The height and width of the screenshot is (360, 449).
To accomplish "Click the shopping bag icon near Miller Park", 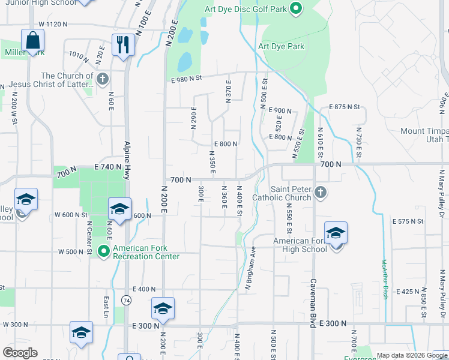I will (33, 41).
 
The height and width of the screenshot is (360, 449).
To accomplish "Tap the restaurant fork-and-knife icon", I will (122, 45).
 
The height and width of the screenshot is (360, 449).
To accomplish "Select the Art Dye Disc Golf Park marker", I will (295, 8).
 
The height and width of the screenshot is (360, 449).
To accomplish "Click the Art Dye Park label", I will (281, 46).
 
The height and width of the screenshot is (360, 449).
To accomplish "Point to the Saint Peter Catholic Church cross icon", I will (321, 193).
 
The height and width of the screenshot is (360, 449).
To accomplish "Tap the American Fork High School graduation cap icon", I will (336, 233).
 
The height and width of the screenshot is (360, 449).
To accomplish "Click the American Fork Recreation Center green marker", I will (104, 251).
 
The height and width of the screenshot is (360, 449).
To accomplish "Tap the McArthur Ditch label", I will (384, 279).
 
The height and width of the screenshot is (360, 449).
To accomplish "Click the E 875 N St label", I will (344, 107).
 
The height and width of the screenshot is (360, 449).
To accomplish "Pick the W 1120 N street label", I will (53, 24).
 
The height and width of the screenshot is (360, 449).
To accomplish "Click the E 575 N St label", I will (408, 221).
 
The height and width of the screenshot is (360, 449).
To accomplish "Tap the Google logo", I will (20, 353).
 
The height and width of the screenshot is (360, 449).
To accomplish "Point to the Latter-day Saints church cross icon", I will (103, 78).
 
